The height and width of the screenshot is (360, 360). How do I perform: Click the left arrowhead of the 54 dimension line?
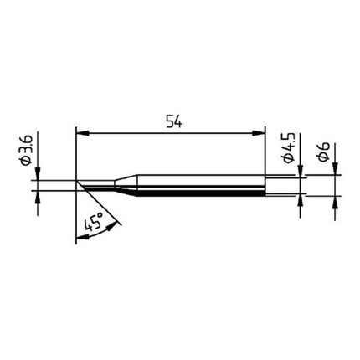(x=81, y=131)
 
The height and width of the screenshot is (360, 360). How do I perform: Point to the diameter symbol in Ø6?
(x=322, y=162)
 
